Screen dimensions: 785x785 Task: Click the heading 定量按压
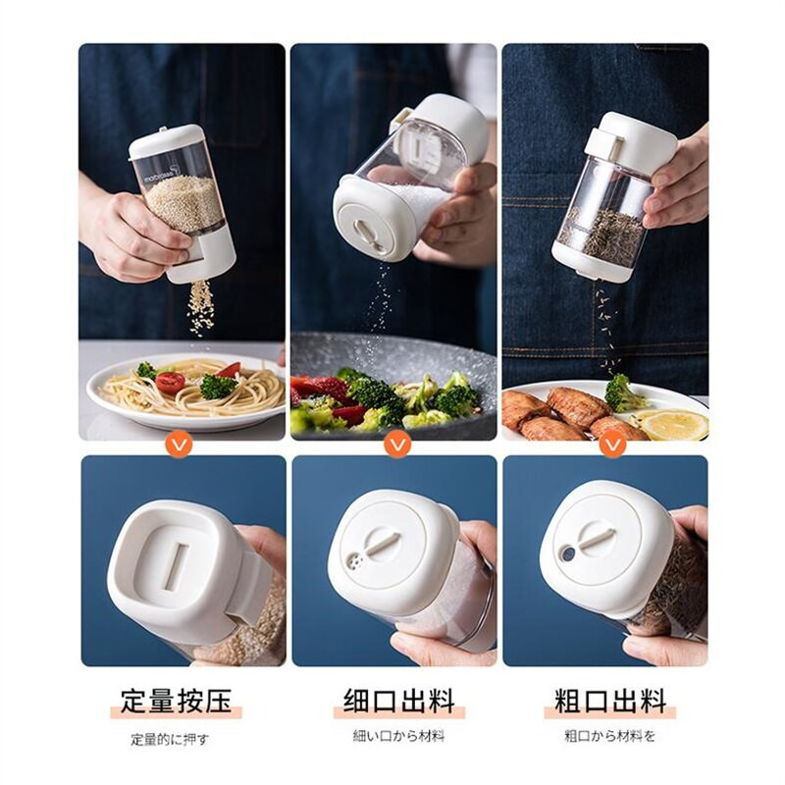176,701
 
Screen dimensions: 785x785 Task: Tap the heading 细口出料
399,701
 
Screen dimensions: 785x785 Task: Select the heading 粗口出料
610,701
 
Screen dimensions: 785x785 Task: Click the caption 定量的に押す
170,740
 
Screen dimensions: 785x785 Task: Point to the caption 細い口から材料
399,736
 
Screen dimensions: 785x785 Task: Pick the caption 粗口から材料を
609,736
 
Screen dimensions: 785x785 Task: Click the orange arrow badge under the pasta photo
179,444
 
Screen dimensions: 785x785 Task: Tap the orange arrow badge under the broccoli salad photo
398,444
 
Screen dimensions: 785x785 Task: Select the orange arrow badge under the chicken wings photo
613,444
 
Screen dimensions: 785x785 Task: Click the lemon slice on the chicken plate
674,425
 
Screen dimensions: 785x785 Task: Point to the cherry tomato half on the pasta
170,383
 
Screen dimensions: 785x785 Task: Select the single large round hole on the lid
568,553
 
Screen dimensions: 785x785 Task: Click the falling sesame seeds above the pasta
201,307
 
